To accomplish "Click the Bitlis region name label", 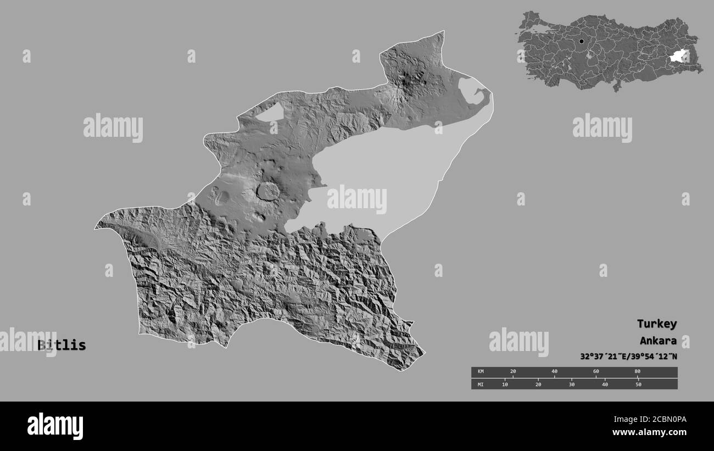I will pos(62,346).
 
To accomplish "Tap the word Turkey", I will pos(656,324).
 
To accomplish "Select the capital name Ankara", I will pos(657,341).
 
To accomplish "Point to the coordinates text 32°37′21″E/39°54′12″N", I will pos(628,357).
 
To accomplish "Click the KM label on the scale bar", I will pos(481,372).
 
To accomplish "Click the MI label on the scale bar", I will pos(481,384).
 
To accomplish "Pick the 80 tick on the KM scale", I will pos(637,372).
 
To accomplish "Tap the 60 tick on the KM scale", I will pos(596,372).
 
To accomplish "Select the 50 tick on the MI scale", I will pos(638,384).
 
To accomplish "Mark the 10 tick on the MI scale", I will pos(505,384).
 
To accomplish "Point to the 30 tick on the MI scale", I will pos(572,384).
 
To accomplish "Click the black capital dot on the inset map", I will pos(581,41).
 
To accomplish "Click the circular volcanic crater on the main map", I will pos(267,192).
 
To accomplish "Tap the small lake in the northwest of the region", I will pos(270,113).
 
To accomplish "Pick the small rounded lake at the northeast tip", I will pos(471,91).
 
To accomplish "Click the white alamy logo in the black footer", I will pos(55,426).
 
